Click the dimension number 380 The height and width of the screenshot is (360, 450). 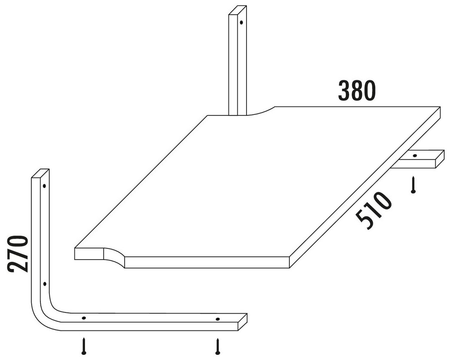click(357, 91)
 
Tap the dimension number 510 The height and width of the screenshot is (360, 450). click(374, 211)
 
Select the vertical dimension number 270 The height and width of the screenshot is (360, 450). click(18, 254)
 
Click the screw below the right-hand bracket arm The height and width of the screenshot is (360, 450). click(413, 185)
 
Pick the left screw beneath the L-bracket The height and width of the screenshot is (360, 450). click(84, 346)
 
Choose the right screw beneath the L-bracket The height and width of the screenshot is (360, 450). click(218, 346)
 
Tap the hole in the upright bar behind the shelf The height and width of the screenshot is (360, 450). click(241, 22)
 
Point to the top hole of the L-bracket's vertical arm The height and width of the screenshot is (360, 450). click(44, 186)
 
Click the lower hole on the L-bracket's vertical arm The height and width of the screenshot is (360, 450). click(45, 284)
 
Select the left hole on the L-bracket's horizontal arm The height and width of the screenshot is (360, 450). click(84, 318)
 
